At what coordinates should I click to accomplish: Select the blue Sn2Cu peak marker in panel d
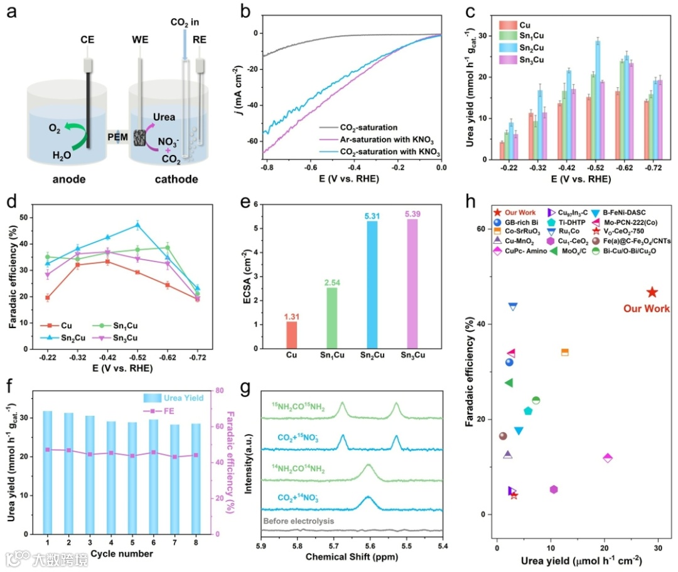coord(137,225)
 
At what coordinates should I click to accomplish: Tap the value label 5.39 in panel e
coord(412,214)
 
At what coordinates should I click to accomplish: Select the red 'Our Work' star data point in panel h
coord(652,292)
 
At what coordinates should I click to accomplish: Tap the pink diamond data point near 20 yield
coord(607,458)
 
